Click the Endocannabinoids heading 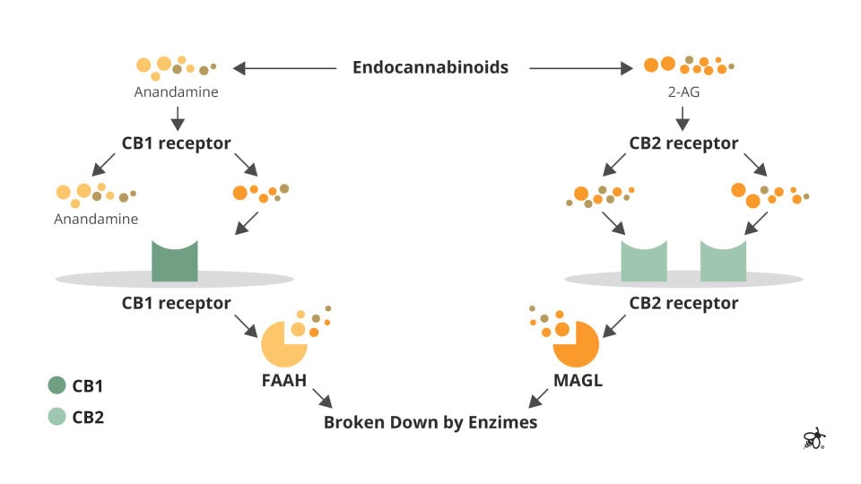tap(430, 67)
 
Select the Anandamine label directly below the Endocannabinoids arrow tap(176, 91)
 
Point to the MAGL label tap(578, 381)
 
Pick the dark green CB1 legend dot tap(57, 385)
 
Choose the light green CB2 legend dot tap(57, 416)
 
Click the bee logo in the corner tap(813, 438)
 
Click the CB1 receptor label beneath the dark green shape tap(177, 303)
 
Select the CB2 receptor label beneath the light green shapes tap(683, 303)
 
